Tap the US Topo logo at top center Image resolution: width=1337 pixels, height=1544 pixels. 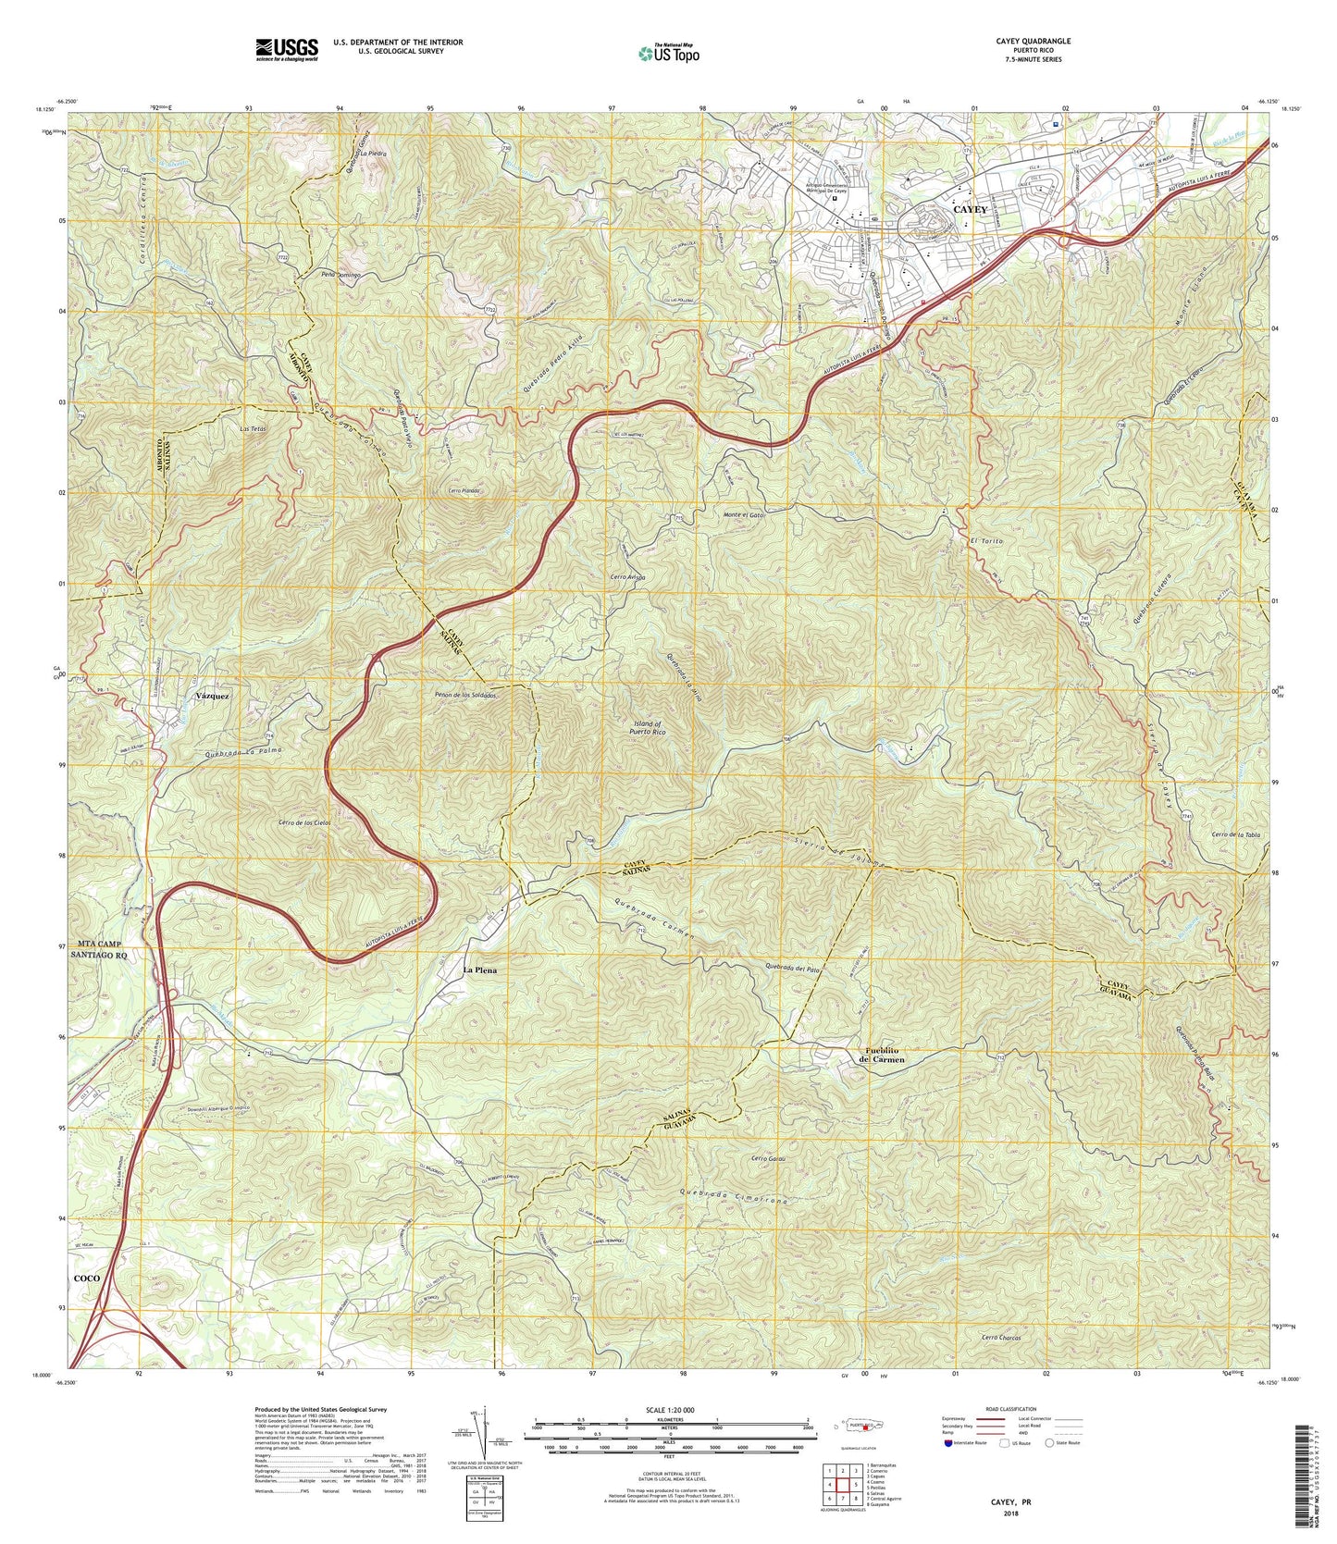668,54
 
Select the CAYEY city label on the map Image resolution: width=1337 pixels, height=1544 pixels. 971,210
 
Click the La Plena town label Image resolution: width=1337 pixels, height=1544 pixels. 479,970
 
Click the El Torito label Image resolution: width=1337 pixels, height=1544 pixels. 987,539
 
